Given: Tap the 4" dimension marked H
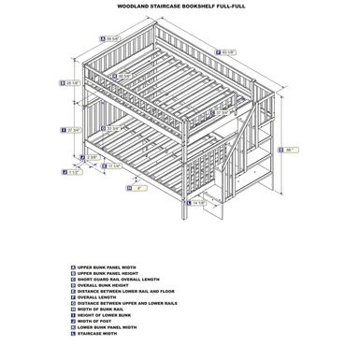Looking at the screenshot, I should [137, 189].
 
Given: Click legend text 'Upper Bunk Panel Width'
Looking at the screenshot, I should [117, 267].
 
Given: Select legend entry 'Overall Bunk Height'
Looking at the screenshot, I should [113, 285].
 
